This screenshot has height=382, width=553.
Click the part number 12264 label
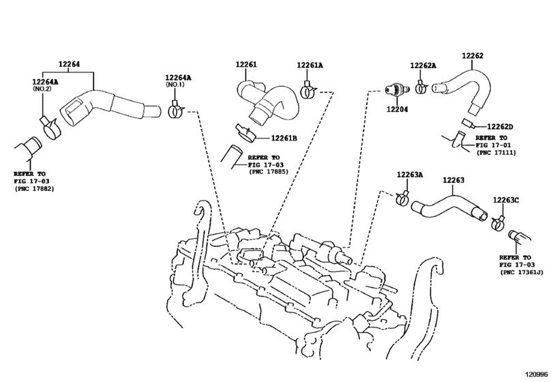pos(69,64)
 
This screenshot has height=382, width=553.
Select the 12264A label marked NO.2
pos(45,82)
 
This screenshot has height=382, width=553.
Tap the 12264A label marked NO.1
pos(178,78)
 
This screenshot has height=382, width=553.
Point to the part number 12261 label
pos(246,64)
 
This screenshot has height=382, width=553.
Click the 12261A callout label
pos(310,65)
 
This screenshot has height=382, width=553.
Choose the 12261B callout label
pos(284,138)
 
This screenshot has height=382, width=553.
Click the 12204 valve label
pos(397,109)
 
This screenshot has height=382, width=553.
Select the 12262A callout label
pos(423,65)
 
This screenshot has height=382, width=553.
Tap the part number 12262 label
pos(473,55)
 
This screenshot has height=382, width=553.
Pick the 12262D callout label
pos(500,127)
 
